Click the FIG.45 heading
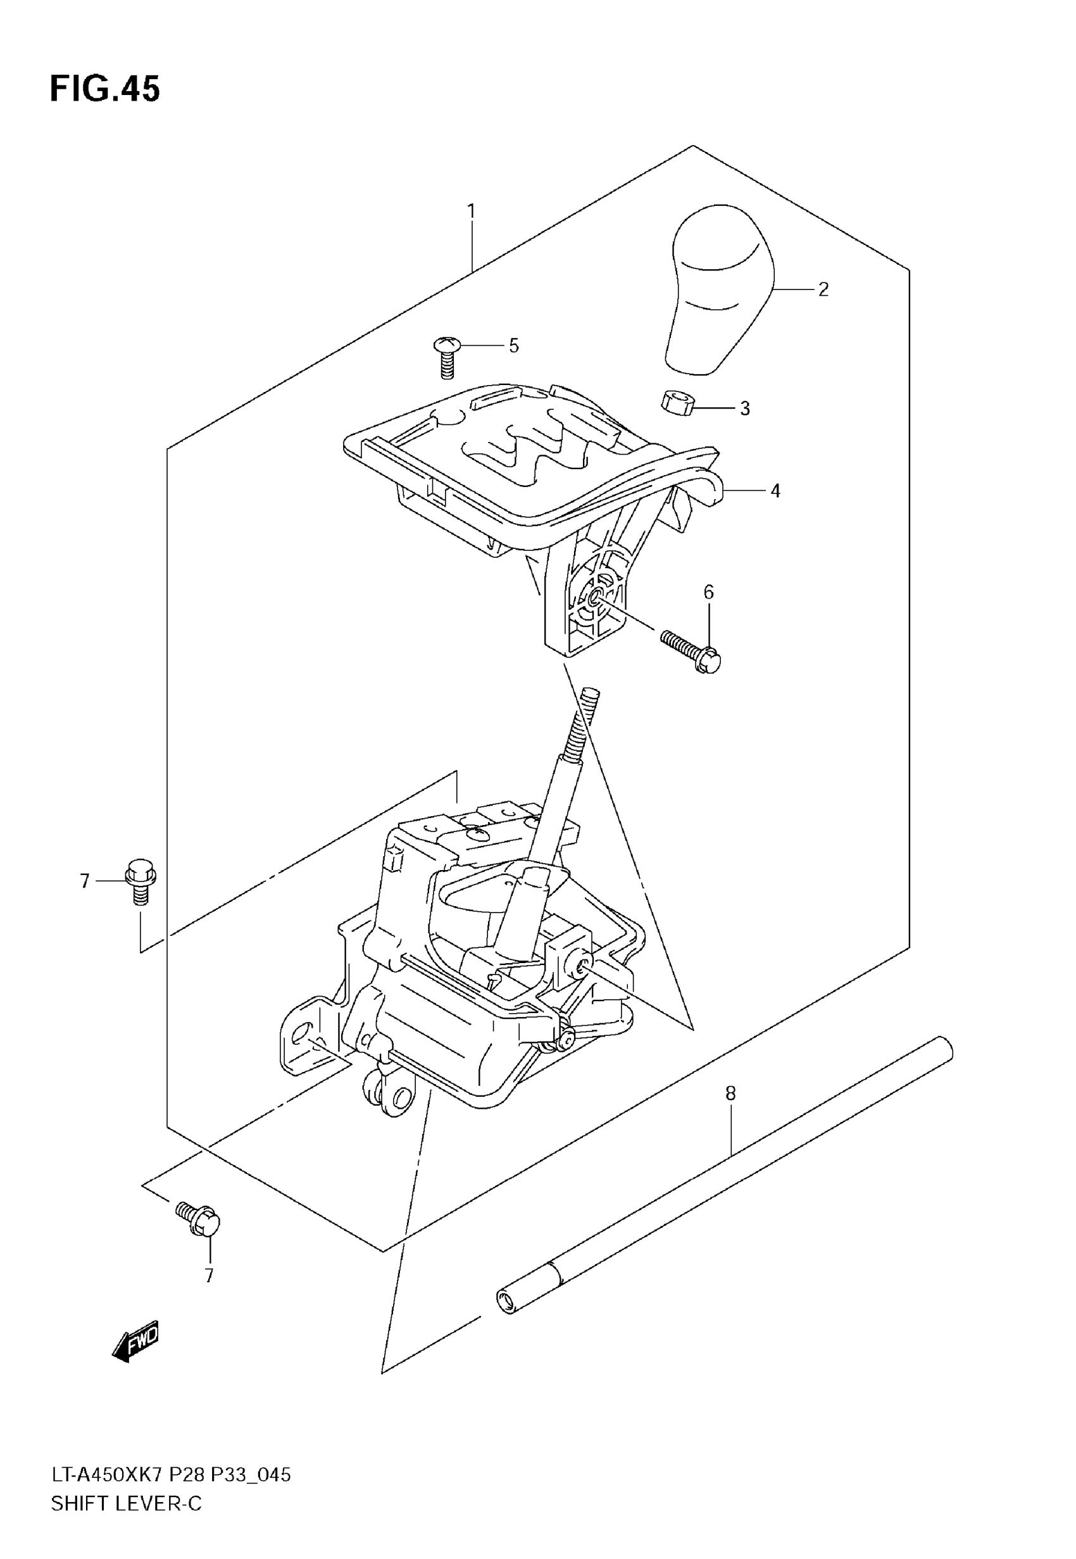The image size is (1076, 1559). [x=104, y=89]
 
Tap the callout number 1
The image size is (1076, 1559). [x=472, y=211]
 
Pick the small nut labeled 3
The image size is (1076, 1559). [x=677, y=403]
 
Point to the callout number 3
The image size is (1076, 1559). [x=744, y=408]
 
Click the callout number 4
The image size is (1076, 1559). [x=775, y=491]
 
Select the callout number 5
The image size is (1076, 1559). [x=514, y=346]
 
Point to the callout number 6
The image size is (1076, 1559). [x=708, y=592]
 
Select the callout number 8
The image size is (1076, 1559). [x=731, y=1093]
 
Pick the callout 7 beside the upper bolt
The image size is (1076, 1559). [x=84, y=881]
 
